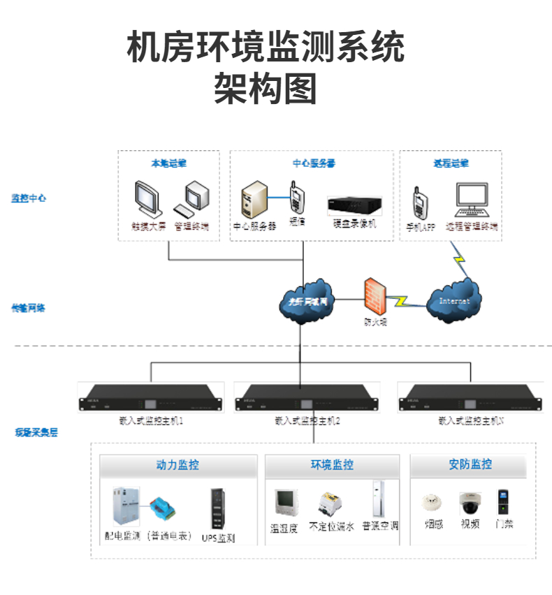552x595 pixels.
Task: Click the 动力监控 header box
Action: tap(177, 465)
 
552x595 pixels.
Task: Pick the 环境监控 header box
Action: tap(332, 465)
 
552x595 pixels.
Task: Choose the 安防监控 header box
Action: tap(470, 464)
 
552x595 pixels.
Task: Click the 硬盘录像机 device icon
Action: tap(355, 205)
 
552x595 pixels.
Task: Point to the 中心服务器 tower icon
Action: tap(254, 200)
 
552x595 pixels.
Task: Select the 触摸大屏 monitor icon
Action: tap(149, 200)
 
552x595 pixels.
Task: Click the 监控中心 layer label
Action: tap(29, 198)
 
